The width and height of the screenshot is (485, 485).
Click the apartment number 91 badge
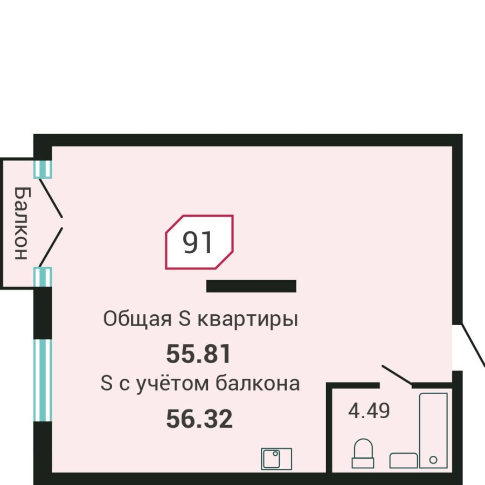pos(199,242)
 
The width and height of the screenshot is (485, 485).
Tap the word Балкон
pos(20,223)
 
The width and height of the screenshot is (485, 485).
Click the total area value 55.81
pos(199,354)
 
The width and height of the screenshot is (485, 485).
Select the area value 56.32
pos(199,419)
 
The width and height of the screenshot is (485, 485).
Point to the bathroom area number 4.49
pos(369,411)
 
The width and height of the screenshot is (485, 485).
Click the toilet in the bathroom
pos(363,453)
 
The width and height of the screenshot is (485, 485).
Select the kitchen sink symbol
pos(276,458)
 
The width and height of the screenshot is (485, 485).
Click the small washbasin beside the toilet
pos(404,460)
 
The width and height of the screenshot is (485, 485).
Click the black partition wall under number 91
pos(251,286)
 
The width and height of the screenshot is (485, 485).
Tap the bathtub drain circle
pos(433,460)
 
